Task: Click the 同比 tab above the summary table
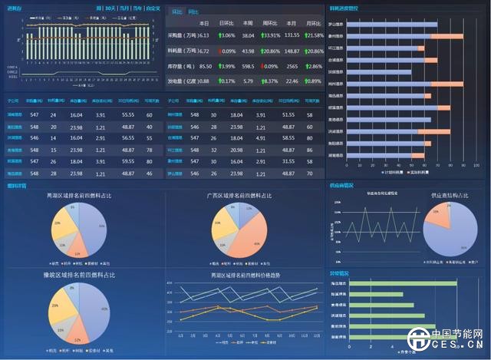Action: [x=194, y=12]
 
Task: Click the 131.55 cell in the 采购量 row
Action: [x=292, y=35]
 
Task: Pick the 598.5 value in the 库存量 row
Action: [x=248, y=66]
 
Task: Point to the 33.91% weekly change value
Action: [x=271, y=35]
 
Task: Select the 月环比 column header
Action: [x=315, y=24]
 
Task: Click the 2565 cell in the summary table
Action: [x=292, y=66]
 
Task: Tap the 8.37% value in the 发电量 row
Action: [x=271, y=81]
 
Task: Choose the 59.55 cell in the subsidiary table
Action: [x=127, y=162]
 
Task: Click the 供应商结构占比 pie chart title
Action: [x=450, y=197]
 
